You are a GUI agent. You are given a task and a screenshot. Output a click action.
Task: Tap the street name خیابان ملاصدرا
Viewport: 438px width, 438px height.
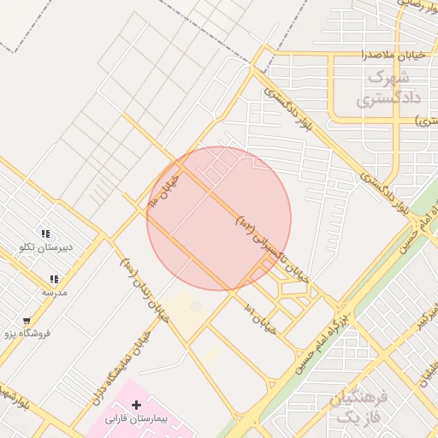click(364, 55)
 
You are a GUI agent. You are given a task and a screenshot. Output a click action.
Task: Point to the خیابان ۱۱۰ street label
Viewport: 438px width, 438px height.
click(165, 190)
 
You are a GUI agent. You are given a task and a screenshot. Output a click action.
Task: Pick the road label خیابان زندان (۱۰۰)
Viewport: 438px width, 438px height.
click(142, 291)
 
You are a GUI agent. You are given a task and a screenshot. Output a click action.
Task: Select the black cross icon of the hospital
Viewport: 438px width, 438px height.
click(136, 403)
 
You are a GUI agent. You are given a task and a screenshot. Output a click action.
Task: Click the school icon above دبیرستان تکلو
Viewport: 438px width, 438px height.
click(45, 234)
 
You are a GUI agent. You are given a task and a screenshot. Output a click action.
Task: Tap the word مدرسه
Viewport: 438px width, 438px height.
click(54, 292)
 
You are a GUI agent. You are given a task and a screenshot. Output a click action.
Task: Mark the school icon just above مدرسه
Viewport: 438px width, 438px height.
click(54, 279)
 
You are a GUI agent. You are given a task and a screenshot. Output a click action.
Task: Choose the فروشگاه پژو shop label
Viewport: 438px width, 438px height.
click(26, 334)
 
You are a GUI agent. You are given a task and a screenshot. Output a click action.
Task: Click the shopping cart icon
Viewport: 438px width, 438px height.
click(27, 322)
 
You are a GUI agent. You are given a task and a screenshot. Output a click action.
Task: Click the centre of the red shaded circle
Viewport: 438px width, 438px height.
click(219, 218)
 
